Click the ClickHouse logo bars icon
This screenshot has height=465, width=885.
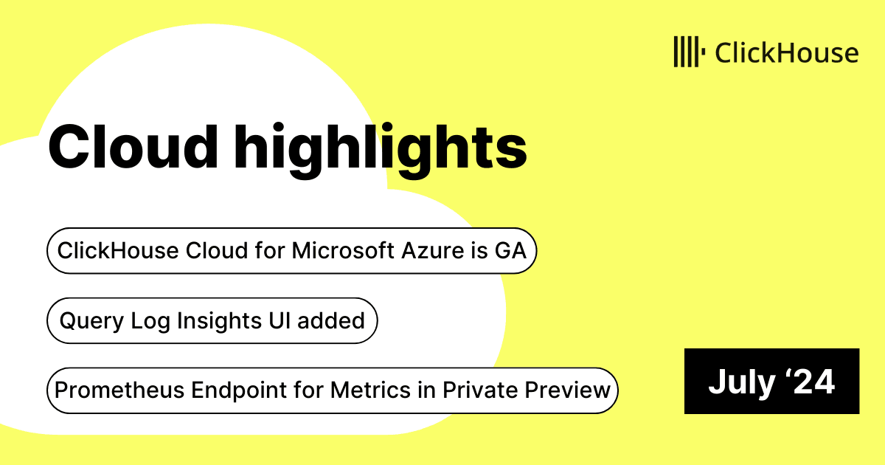(689, 52)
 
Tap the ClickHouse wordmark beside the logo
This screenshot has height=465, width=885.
(787, 52)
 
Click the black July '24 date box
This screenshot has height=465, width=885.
(771, 381)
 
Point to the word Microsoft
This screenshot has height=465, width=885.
(343, 251)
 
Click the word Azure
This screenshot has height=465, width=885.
(433, 251)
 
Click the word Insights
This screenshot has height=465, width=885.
(219, 320)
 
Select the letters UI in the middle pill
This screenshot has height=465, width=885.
(280, 320)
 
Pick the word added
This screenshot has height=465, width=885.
(330, 320)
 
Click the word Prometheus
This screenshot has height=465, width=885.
(119, 390)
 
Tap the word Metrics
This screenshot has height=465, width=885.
(370, 390)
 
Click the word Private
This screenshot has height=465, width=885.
(480, 390)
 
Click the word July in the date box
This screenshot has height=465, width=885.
(742, 382)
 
